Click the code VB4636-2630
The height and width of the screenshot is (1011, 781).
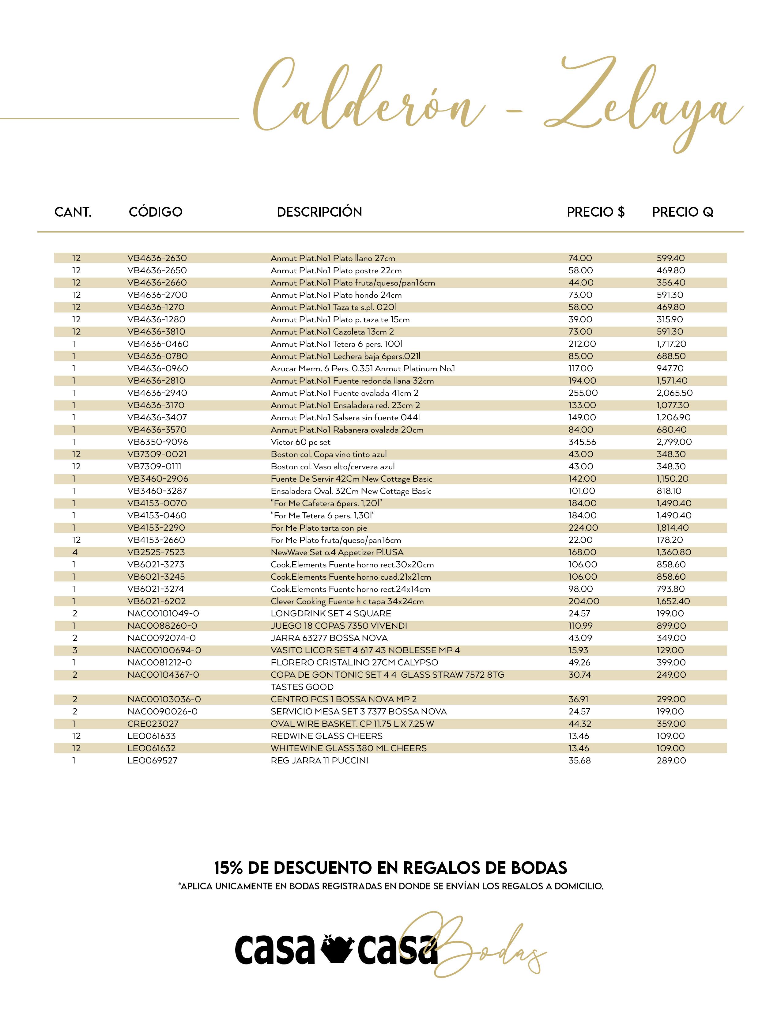(157, 258)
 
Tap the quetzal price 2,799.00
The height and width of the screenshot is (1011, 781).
(674, 442)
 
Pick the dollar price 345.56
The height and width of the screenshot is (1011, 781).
(582, 442)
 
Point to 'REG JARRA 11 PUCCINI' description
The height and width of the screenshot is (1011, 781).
(319, 761)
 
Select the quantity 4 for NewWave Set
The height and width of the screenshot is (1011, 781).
(75, 552)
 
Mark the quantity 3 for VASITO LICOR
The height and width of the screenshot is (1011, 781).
(75, 650)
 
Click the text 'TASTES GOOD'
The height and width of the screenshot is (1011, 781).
(302, 687)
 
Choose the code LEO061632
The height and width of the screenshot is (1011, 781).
(151, 748)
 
